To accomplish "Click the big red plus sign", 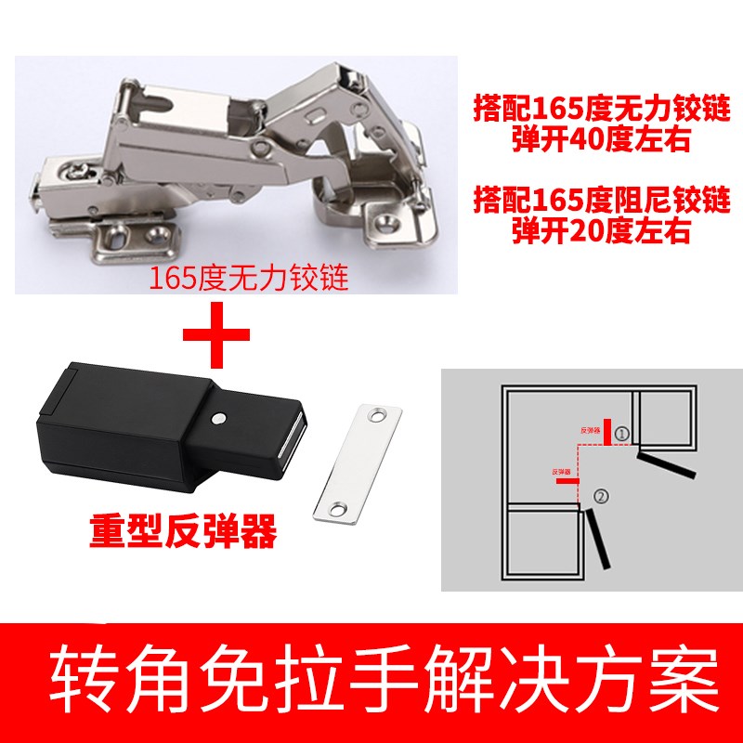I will click(216, 335).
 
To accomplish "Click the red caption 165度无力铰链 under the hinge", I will click(249, 279).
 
